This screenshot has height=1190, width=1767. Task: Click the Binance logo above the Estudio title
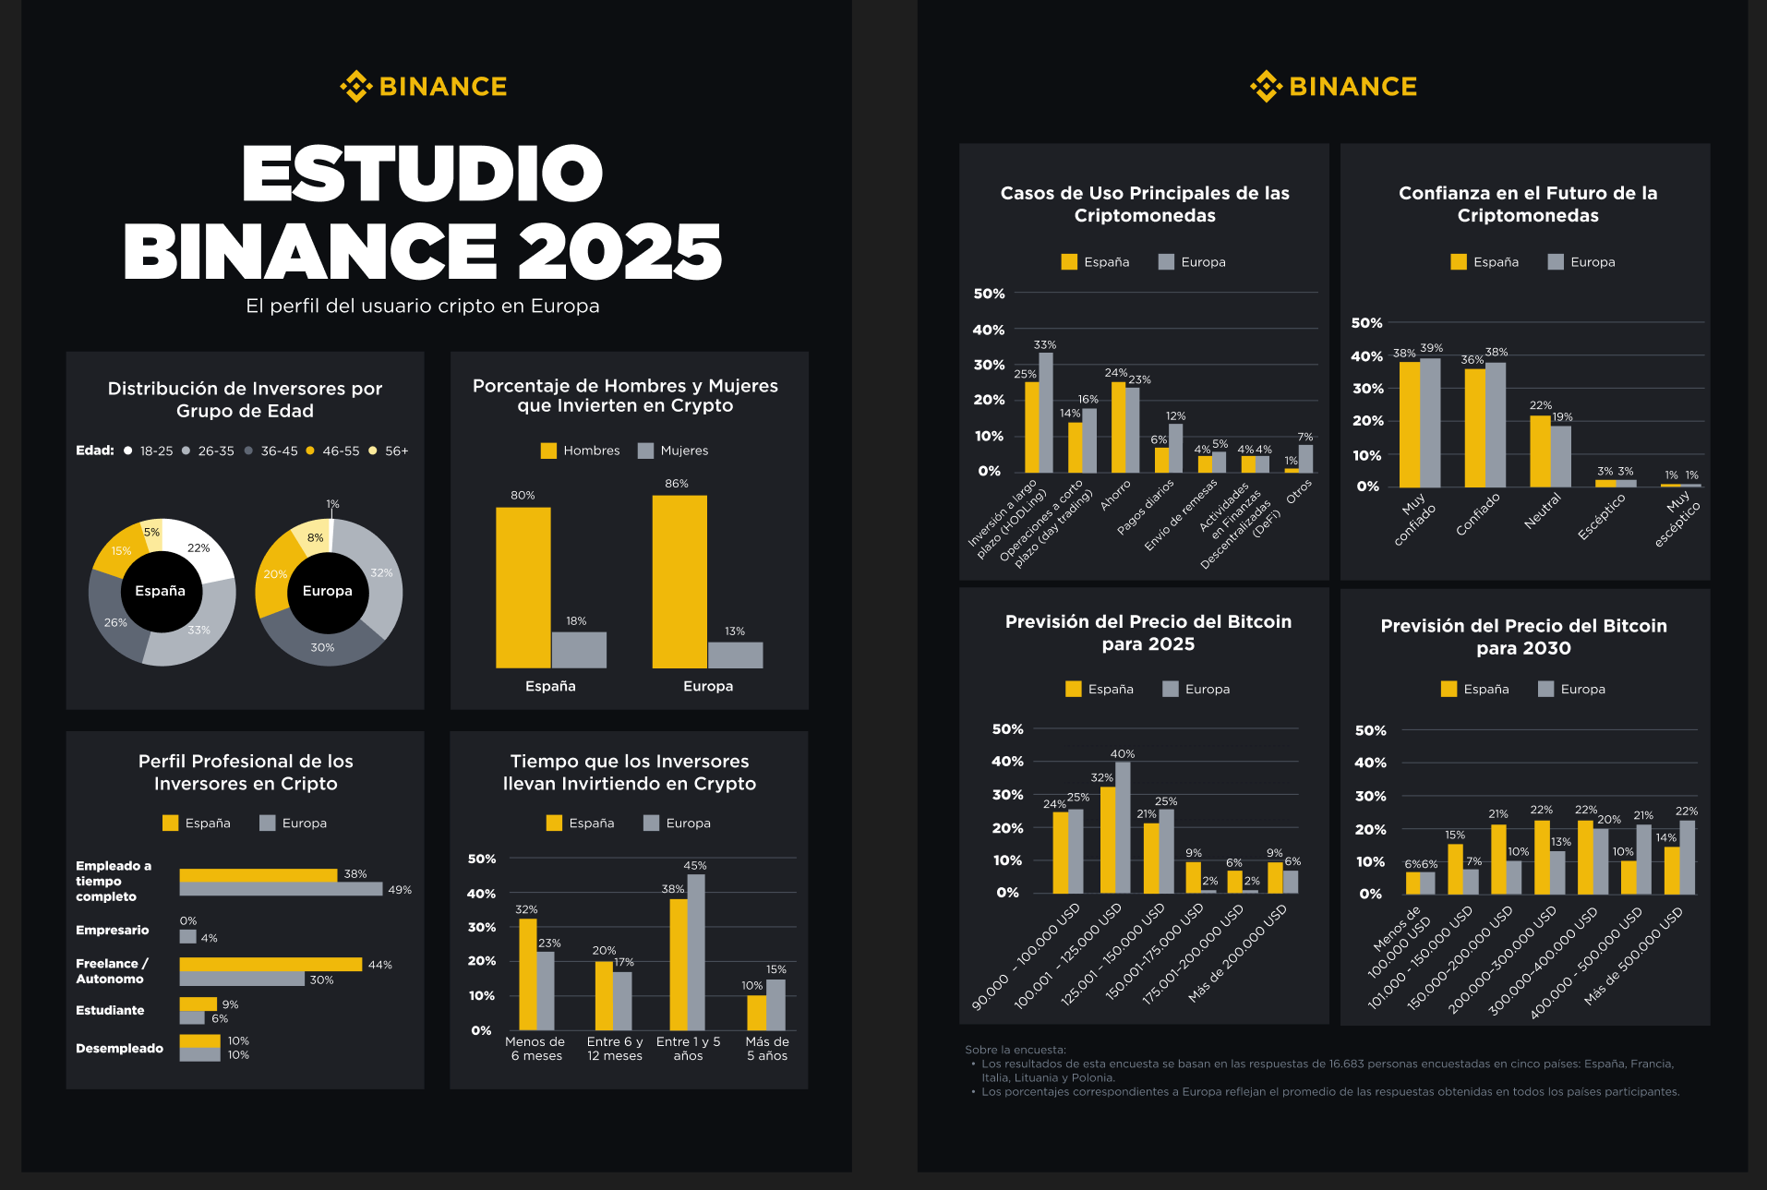(424, 87)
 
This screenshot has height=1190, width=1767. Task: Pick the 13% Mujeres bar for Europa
(735, 655)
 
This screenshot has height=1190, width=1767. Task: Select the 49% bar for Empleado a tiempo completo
(281, 889)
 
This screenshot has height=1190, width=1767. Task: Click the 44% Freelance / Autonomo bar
(270, 964)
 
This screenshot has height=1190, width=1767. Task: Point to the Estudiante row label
(110, 1010)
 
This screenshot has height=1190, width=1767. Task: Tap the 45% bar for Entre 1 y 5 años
(696, 951)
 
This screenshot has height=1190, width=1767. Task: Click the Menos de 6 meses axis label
(535, 1049)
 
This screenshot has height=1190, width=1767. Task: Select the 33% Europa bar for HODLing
(1046, 413)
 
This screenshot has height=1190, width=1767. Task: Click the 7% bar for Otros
(1305, 459)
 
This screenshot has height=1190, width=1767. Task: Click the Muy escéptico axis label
(1677, 518)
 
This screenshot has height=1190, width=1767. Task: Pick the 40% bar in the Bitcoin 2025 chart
(1123, 827)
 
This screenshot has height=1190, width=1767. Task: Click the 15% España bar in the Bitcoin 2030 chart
(1455, 869)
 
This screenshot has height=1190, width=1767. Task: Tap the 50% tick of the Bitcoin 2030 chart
(1370, 730)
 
